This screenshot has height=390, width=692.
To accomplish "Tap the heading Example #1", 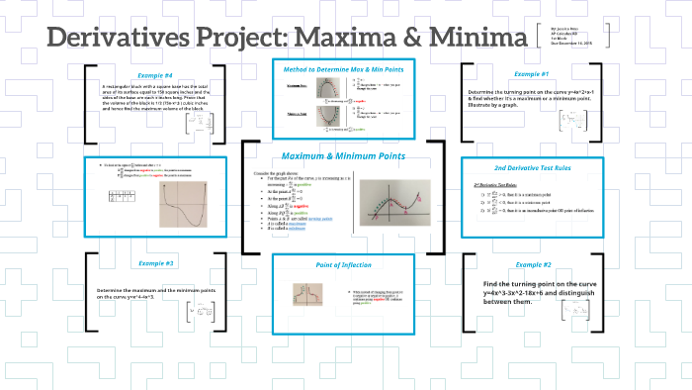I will [x=532, y=74].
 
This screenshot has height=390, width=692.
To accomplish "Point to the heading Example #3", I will [x=155, y=263].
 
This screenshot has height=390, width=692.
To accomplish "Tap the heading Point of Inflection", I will [x=342, y=266].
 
